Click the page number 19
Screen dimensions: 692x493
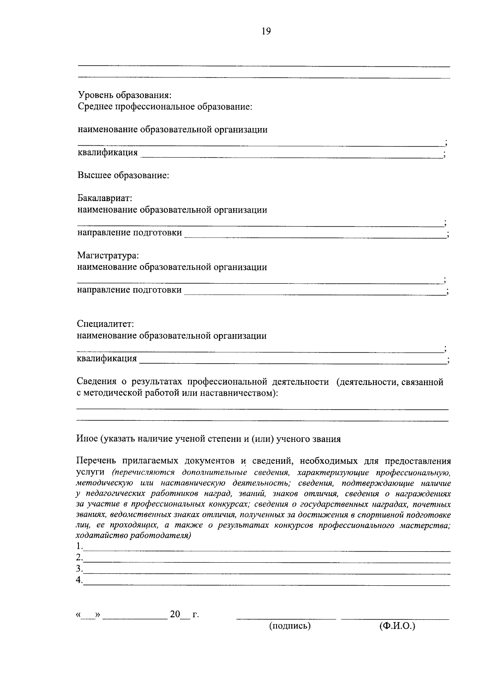point(266,32)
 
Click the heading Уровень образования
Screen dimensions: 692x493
point(124,95)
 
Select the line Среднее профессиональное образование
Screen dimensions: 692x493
point(165,107)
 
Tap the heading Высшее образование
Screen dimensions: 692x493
point(123,175)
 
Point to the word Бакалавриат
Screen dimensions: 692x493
point(105,198)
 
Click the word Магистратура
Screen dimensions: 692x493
point(108,255)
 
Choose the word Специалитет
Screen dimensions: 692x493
point(106,324)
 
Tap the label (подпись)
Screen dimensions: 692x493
point(290,626)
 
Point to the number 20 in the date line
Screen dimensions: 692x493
point(175,614)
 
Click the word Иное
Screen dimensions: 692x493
point(86,439)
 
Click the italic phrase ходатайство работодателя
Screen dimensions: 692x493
point(133,536)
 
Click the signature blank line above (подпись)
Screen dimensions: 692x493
point(286,617)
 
